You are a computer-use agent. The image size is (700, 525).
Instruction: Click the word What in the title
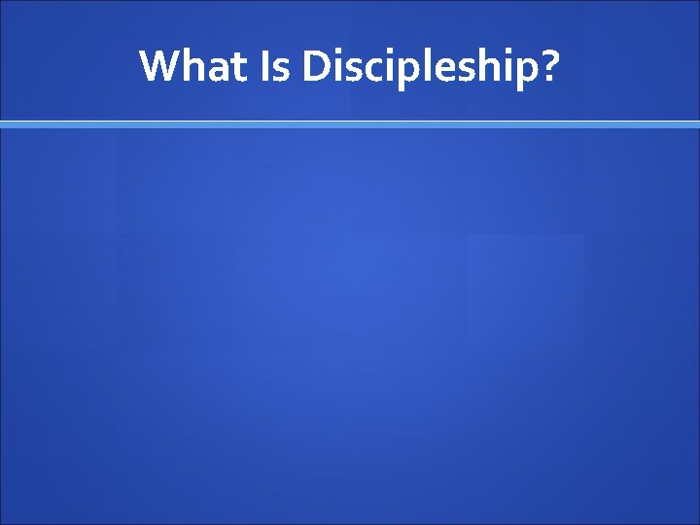pos(194,66)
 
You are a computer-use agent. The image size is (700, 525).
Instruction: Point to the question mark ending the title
pos(548,66)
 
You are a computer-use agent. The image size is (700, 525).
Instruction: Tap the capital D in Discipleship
pos(318,66)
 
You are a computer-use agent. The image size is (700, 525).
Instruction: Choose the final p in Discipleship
pos(523,73)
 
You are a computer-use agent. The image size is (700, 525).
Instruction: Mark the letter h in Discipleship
pos(488,65)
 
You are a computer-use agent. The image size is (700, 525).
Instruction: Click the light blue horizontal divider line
pos(350,124)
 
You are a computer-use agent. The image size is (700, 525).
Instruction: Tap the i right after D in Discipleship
pos(340,65)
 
